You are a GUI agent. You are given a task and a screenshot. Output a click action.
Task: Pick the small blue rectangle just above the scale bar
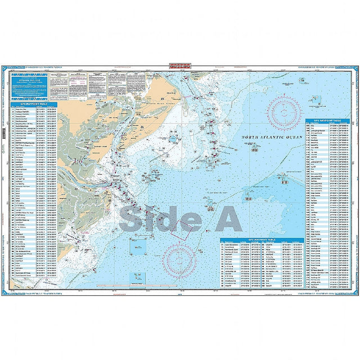[136, 276]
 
